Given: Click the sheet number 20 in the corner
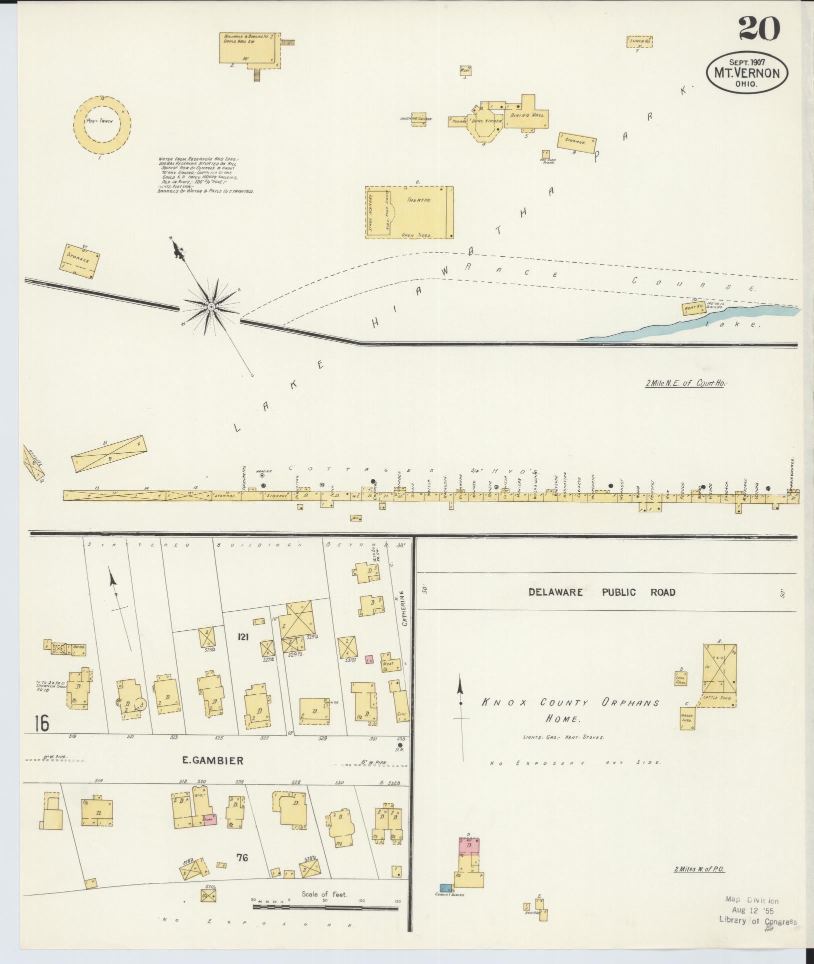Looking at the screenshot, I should pos(758,29).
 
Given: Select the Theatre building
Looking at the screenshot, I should pos(409,212).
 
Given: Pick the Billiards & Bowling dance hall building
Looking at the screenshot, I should pos(246,48).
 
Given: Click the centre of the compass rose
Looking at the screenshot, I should pos(211,306).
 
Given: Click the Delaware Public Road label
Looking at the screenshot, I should pos(602,592).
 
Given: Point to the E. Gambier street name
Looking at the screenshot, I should pos(212,775).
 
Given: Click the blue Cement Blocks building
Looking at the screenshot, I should pos(445,888).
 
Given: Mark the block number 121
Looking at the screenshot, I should pos(243,636).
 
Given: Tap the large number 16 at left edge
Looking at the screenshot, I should pos(42,724).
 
